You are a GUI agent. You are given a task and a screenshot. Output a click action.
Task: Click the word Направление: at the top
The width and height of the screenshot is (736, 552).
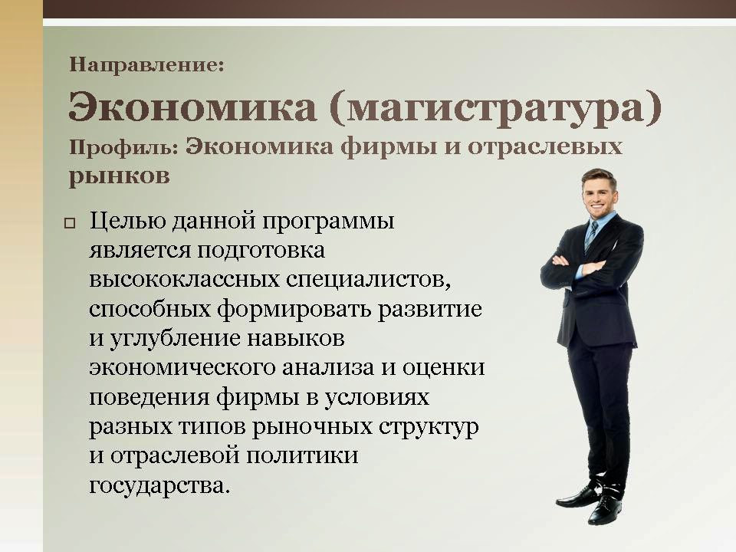(146, 64)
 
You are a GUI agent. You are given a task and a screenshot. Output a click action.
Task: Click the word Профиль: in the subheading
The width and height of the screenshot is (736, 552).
(123, 147)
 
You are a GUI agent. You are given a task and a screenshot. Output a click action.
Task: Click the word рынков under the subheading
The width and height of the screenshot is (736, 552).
(119, 176)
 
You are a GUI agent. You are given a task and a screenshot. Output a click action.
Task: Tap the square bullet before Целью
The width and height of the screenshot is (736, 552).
(71, 225)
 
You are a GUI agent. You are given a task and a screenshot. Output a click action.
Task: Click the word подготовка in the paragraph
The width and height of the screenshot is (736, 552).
(262, 251)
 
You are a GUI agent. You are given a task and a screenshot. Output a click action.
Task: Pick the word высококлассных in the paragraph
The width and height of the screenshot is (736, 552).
(177, 280)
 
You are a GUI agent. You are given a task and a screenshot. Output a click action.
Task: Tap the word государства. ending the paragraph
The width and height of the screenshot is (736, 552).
(159, 485)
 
